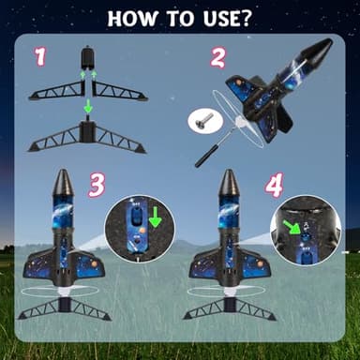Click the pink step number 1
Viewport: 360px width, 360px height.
point(40,56)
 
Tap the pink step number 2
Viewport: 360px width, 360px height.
point(217,57)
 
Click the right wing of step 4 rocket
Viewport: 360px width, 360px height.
point(257,265)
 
